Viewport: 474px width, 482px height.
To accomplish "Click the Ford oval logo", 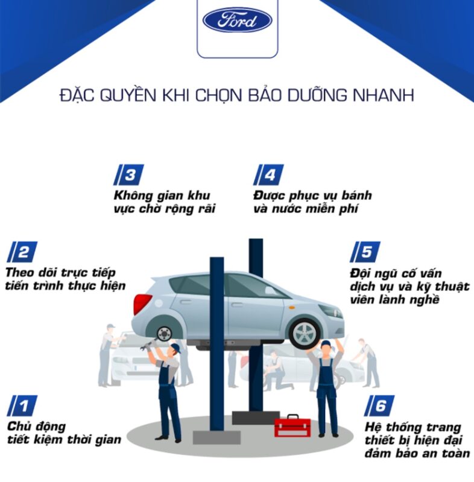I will (x=237, y=20).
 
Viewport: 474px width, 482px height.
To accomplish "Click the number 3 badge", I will (x=128, y=175).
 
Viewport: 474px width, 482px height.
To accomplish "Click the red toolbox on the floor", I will (x=292, y=426).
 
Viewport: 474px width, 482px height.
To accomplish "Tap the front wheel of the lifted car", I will (x=305, y=332).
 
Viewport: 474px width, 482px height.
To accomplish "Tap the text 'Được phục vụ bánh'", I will (x=312, y=195).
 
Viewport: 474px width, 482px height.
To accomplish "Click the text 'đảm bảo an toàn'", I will (x=417, y=454).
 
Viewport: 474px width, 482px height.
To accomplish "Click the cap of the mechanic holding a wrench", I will (x=174, y=348).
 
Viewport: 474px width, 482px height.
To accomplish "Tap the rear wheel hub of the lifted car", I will (x=163, y=333).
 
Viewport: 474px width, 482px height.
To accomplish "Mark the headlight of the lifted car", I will (x=330, y=311).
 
